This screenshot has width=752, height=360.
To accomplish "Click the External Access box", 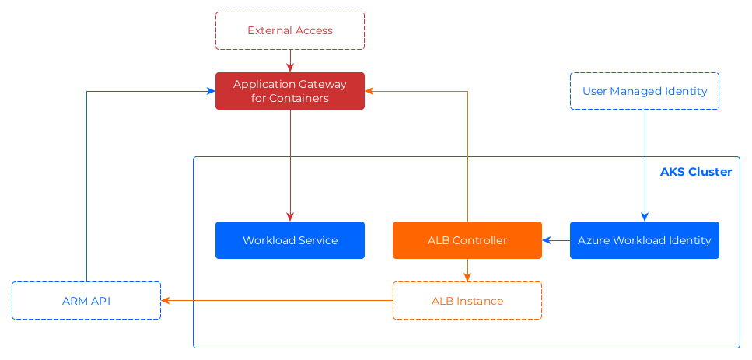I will [x=290, y=31].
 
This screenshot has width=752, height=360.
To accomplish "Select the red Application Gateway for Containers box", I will [x=290, y=91].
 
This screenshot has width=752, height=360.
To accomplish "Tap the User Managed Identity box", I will [x=645, y=91].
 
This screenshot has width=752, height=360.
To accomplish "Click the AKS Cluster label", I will [x=695, y=171].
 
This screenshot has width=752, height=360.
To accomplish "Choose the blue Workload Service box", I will [x=290, y=240].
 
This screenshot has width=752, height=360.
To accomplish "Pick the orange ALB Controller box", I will [x=467, y=240].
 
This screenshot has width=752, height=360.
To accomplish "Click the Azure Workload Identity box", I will [x=645, y=240].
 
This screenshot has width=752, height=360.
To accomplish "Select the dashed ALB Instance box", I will [x=467, y=301].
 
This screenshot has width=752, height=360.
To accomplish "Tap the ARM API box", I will [x=86, y=301].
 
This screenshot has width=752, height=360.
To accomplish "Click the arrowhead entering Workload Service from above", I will [x=290, y=218].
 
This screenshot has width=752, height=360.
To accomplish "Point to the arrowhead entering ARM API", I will [x=166, y=301].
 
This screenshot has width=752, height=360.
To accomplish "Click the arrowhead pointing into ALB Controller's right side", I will [x=547, y=240].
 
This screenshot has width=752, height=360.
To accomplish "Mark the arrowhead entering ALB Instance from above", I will [x=467, y=277].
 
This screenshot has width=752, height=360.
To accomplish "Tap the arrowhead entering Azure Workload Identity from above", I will [x=645, y=218].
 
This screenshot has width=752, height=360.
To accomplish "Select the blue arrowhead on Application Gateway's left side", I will [x=211, y=91].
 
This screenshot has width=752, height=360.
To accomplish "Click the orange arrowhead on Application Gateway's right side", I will [x=369, y=91].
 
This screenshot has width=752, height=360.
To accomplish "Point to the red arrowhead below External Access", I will [x=290, y=68].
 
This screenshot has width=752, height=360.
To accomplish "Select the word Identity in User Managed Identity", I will [x=687, y=91].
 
